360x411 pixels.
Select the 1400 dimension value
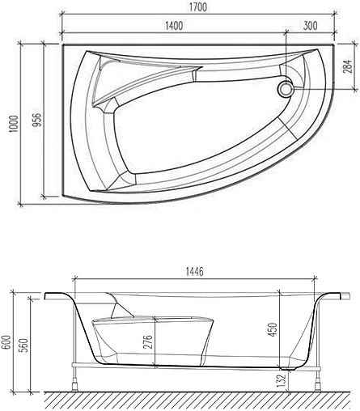tap(172, 25)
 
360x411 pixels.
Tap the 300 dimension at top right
tap(311, 25)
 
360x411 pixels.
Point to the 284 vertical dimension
tap(347, 64)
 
